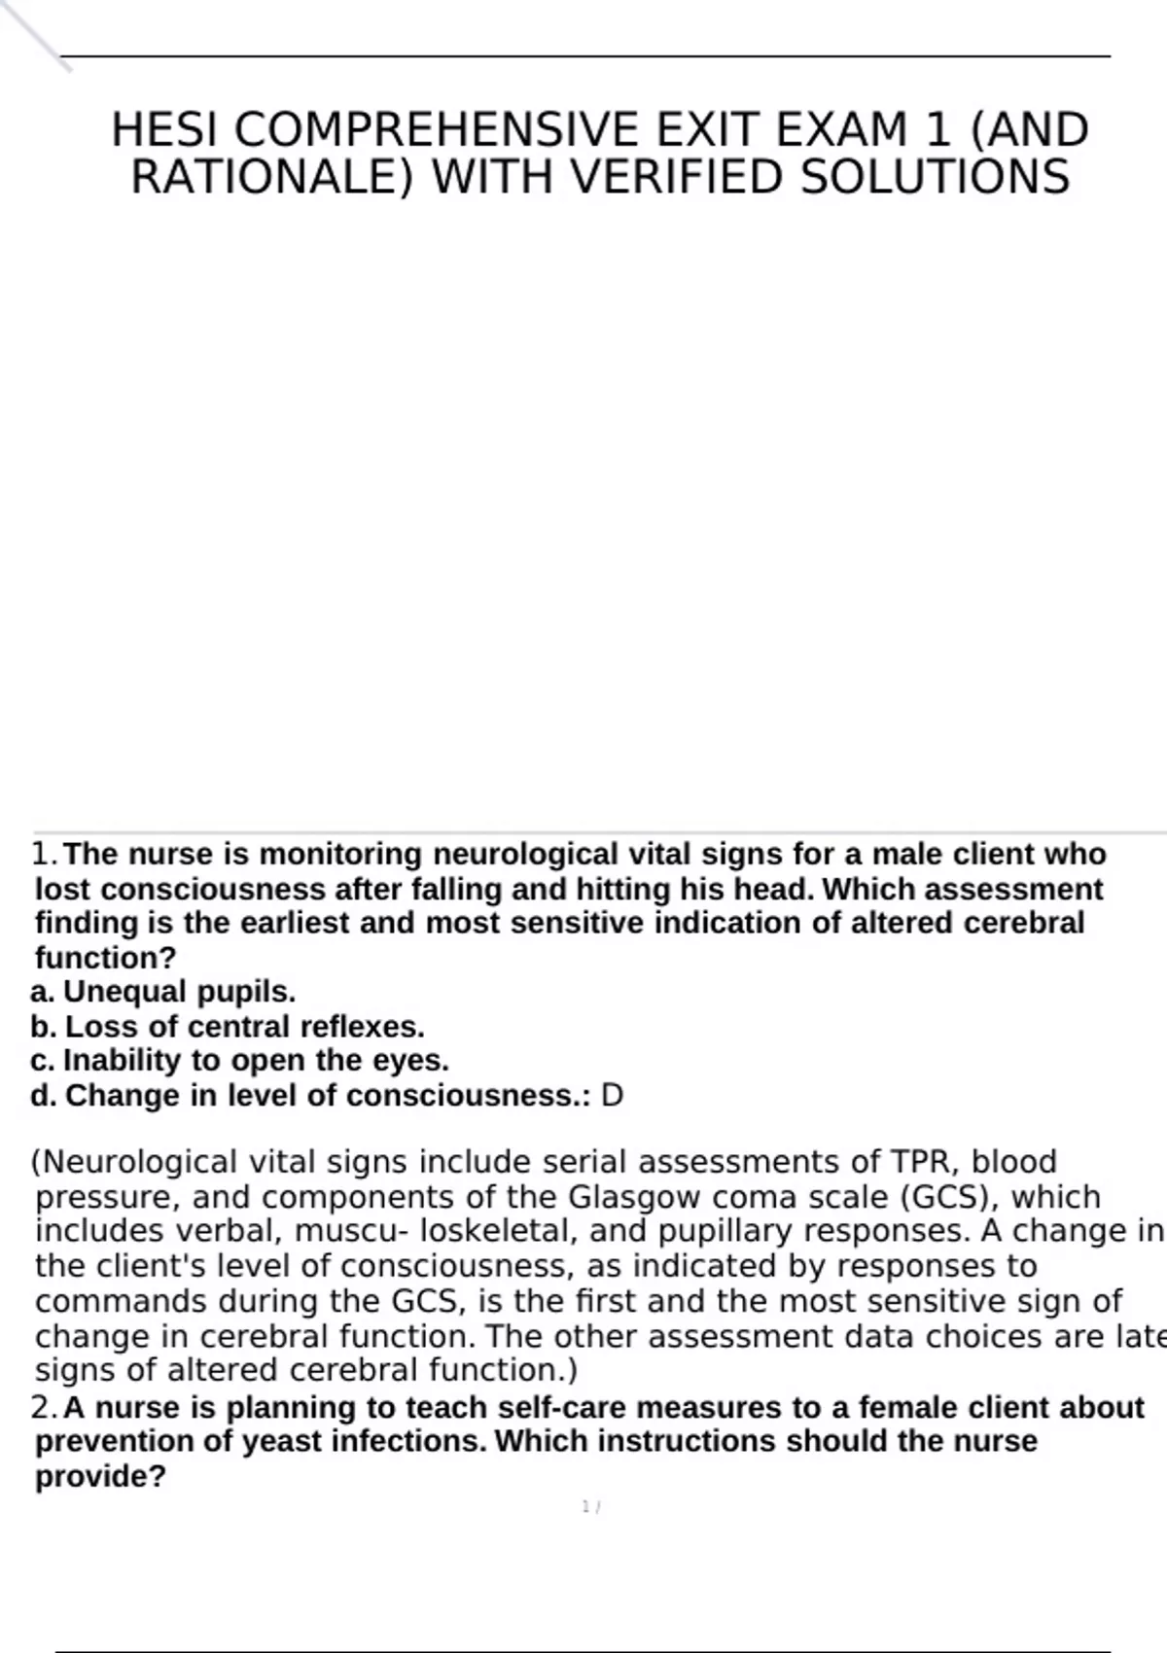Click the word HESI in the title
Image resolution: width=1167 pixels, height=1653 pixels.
(166, 130)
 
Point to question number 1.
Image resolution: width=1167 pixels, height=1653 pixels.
(45, 855)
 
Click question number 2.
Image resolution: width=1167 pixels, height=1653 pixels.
(45, 1408)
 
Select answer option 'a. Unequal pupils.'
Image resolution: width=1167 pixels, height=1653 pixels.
(163, 992)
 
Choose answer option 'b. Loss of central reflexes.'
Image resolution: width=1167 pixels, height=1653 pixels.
(228, 1027)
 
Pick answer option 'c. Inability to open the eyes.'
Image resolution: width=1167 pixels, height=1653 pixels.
(240, 1061)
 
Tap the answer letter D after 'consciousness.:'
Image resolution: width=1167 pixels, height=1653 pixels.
(612, 1096)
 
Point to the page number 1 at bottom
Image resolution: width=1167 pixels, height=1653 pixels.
(586, 1507)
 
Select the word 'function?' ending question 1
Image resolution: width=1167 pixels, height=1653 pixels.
(106, 958)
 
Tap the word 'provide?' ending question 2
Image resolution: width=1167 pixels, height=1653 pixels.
(101, 1477)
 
